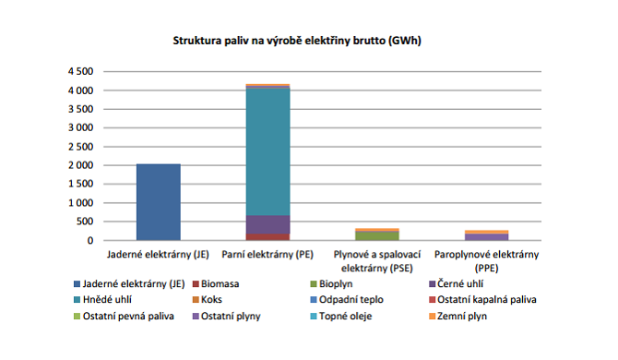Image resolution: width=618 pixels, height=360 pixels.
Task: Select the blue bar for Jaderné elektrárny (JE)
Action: pos(159,202)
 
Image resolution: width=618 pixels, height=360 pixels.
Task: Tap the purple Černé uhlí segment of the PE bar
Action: pos(267,224)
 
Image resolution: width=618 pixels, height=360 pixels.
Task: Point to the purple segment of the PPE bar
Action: pos(486,237)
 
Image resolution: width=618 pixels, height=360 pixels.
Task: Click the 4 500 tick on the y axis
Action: pos(79,71)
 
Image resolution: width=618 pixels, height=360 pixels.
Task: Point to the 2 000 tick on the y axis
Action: pos(79,165)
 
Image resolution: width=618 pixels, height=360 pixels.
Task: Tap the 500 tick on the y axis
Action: pos(85,222)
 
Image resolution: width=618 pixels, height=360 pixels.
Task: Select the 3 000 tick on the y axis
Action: pos(79,127)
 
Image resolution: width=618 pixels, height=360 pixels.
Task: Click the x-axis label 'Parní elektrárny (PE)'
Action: pos(267,253)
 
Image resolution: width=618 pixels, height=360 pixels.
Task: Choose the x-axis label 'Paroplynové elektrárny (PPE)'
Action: pos(486,258)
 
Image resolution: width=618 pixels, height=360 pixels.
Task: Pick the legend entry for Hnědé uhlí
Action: pos(105,300)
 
